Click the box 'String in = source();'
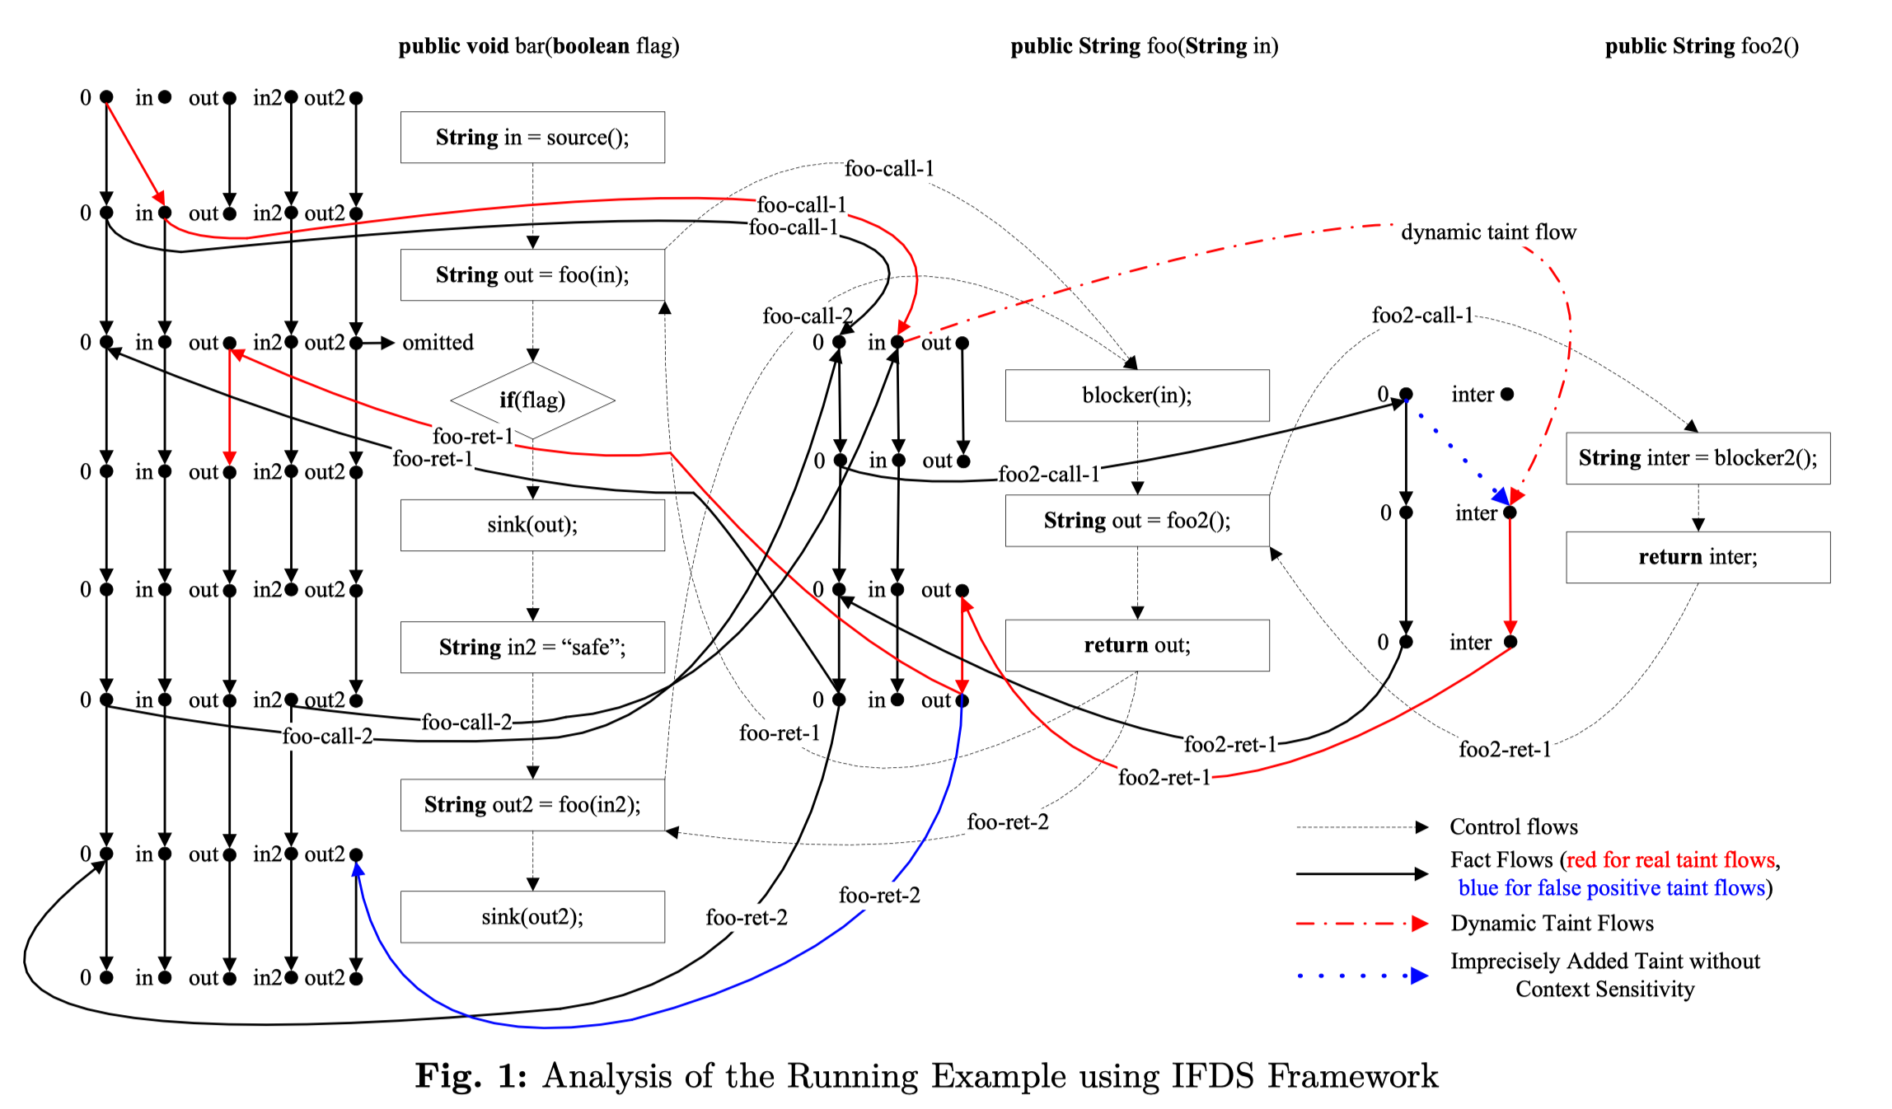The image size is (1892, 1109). pyautogui.click(x=532, y=138)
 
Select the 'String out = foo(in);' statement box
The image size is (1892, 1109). pyautogui.click(x=532, y=275)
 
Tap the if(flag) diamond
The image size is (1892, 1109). pyautogui.click(x=532, y=400)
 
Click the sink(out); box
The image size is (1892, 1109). pyautogui.click(x=532, y=525)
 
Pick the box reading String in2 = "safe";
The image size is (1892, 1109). pyautogui.click(x=532, y=647)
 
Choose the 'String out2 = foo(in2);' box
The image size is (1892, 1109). pyautogui.click(x=532, y=805)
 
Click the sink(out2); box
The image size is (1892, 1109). pyautogui.click(x=532, y=917)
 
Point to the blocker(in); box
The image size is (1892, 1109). pyautogui.click(x=1137, y=395)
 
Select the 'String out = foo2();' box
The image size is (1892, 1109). pyautogui.click(x=1137, y=521)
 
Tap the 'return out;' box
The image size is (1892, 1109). pyautogui.click(x=1137, y=645)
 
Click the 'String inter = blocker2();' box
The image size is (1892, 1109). pyautogui.click(x=1698, y=458)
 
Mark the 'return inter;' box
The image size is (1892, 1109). pyautogui.click(x=1698, y=557)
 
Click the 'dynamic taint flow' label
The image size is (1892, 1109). pyautogui.click(x=1488, y=232)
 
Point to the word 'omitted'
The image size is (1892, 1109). pyautogui.click(x=438, y=343)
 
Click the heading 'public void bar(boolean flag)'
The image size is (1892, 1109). pyautogui.click(x=539, y=46)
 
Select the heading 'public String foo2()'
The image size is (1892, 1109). pyautogui.click(x=1702, y=46)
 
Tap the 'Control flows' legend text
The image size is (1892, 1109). pyautogui.click(x=1514, y=826)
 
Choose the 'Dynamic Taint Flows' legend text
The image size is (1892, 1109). pyautogui.click(x=1552, y=923)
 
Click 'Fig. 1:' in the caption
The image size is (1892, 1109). pyautogui.click(x=471, y=1076)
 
